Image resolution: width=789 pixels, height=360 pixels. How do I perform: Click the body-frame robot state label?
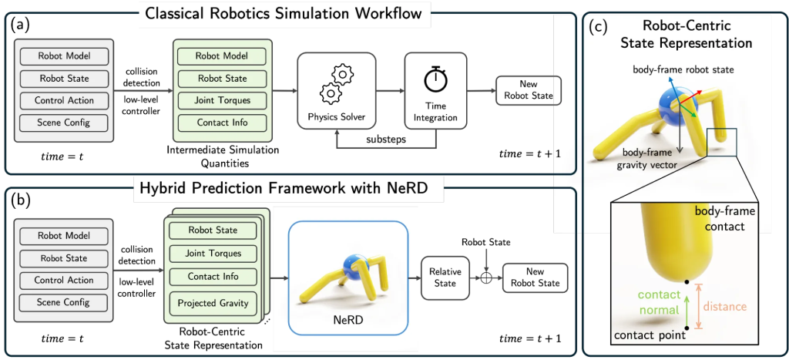click(683, 69)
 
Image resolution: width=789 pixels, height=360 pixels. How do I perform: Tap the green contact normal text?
click(659, 301)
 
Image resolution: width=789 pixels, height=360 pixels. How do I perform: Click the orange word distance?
click(725, 307)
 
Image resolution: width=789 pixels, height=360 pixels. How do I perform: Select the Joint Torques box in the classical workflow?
click(222, 100)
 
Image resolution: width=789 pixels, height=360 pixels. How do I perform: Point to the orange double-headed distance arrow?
click(697, 307)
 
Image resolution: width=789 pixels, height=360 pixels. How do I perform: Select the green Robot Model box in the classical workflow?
click(222, 56)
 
